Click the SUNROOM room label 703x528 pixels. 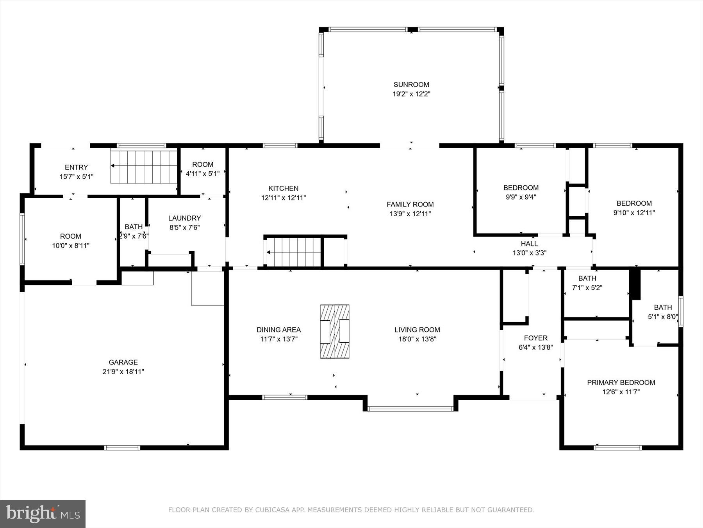click(x=411, y=84)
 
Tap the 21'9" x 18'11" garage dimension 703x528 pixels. click(x=123, y=372)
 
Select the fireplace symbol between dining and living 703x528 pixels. click(x=335, y=331)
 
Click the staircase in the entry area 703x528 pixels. click(x=144, y=166)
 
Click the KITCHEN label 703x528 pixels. click(x=283, y=189)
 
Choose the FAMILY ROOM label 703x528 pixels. click(x=410, y=204)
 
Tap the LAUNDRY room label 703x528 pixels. click(x=184, y=218)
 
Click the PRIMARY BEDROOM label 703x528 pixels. click(x=621, y=383)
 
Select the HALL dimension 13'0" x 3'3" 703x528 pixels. click(x=529, y=253)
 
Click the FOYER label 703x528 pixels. click(x=535, y=338)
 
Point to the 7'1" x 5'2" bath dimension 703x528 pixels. click(x=587, y=288)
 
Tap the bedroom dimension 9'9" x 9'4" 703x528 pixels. click(x=521, y=197)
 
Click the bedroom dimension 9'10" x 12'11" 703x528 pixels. click(x=634, y=213)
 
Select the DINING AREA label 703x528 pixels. click(x=278, y=330)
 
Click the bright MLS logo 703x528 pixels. click(x=43, y=514)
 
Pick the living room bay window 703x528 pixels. click(x=410, y=409)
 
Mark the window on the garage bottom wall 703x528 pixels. click(x=122, y=447)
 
